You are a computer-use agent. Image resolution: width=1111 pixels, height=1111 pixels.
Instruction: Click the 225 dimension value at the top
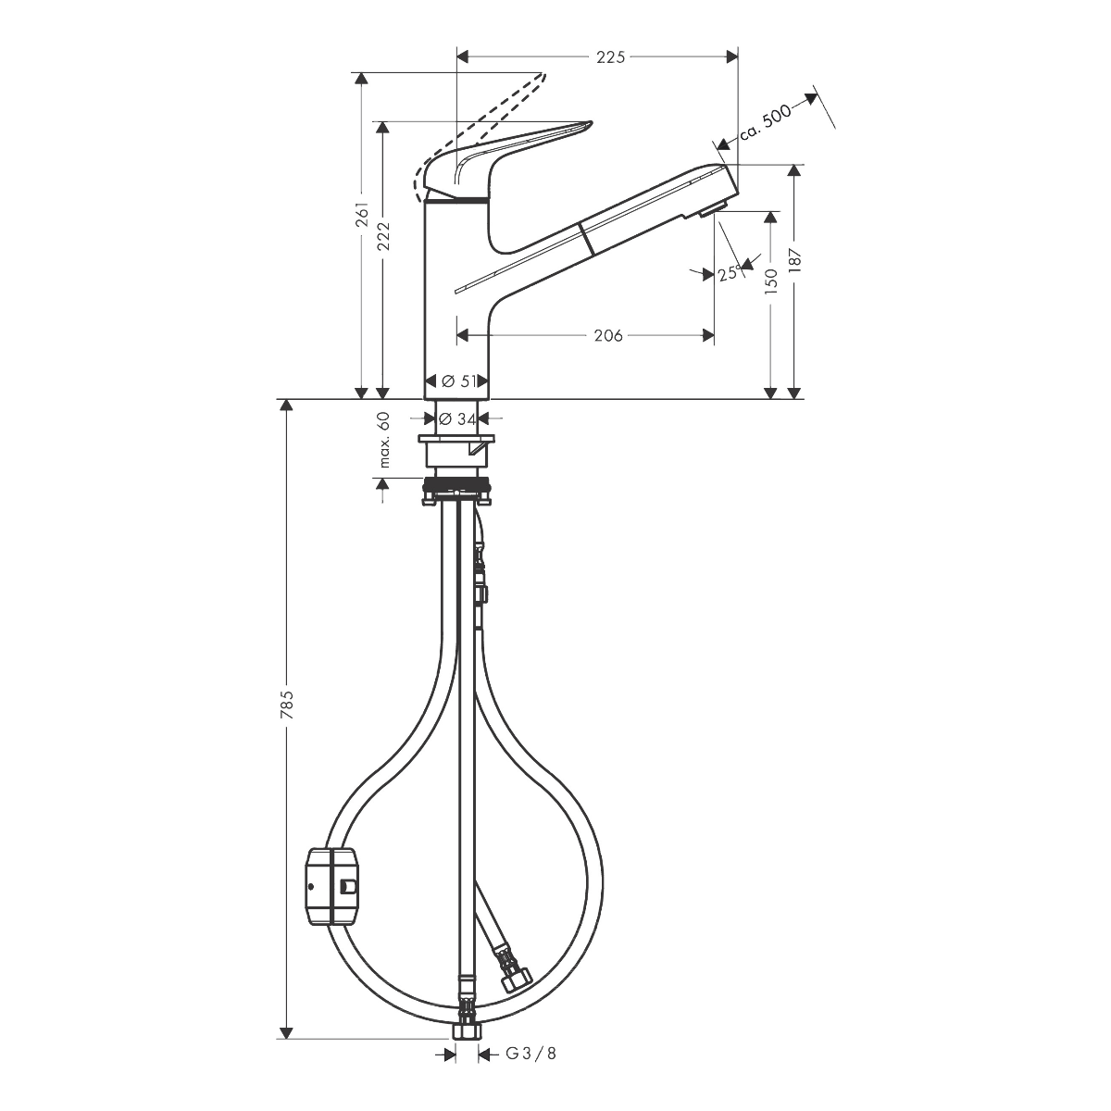[610, 57]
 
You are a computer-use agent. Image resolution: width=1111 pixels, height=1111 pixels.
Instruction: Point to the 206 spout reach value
[608, 335]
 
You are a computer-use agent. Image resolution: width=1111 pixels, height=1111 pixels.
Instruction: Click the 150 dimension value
[771, 281]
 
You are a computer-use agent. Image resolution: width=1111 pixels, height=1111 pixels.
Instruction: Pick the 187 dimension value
[795, 261]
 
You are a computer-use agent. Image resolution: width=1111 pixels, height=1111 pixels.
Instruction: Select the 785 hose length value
[286, 704]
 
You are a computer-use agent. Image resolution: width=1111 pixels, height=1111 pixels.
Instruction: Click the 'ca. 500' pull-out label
[767, 123]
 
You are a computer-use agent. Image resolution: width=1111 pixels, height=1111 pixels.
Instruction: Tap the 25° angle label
[730, 272]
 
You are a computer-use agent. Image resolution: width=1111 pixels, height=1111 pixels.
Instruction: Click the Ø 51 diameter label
[458, 381]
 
